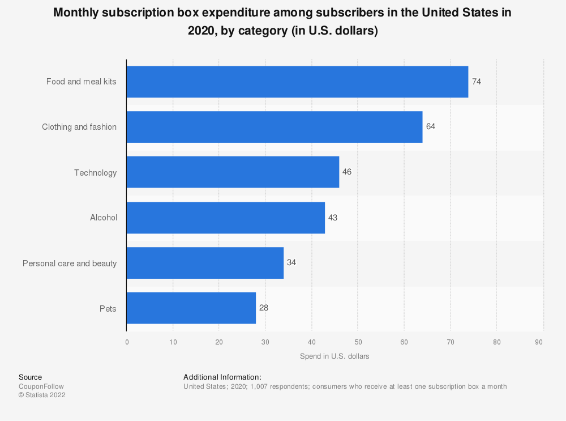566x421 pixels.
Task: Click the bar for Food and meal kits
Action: [297, 82]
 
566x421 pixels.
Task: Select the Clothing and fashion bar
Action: [274, 127]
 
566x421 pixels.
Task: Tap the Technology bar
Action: [233, 172]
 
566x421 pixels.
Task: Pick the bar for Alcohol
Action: [225, 218]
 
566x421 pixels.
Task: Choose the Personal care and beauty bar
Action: [205, 263]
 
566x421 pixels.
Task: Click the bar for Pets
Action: [191, 308]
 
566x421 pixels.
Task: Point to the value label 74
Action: [477, 82]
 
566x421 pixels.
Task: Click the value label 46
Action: [347, 172]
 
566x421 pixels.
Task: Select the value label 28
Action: [264, 308]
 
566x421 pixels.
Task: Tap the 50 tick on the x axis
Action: [358, 342]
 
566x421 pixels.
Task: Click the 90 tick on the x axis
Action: [539, 342]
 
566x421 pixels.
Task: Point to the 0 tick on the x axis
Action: [127, 342]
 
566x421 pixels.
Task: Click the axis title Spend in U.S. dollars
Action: [335, 356]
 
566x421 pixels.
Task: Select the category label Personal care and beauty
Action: [70, 263]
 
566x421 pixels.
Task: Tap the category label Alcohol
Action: [104, 218]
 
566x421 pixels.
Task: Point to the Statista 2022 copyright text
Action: [42, 396]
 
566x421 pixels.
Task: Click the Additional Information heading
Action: [222, 377]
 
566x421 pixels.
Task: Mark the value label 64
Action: [431, 126]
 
